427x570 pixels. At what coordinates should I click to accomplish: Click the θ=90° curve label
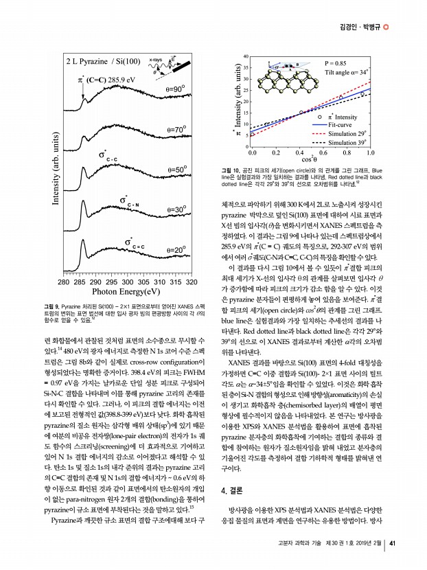(x=177, y=90)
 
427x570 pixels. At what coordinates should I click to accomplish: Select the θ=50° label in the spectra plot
(x=177, y=169)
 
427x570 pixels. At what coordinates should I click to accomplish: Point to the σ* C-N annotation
(x=129, y=202)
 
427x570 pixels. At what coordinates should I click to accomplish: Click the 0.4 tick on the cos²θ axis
(x=299, y=155)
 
